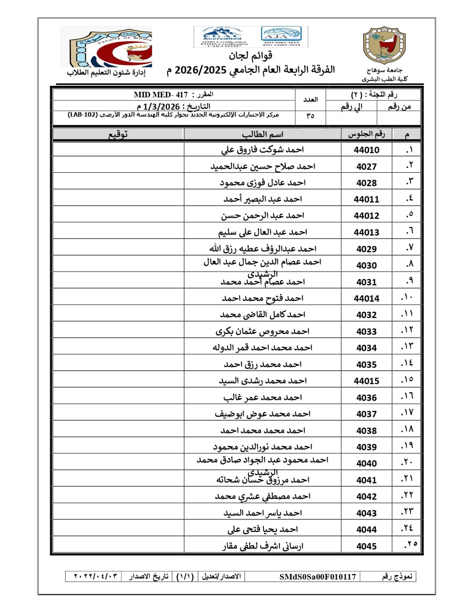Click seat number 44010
point(366,150)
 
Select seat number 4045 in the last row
point(366,546)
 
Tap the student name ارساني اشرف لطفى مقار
point(263,546)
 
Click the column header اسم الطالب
point(262,134)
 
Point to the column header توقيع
point(118,134)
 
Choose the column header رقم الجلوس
point(366,134)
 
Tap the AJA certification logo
point(281,36)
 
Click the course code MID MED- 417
point(161,95)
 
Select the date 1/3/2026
point(161,107)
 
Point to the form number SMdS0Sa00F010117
point(317,577)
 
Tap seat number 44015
point(366,381)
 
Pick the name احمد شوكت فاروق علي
point(262,150)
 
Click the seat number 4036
point(366,397)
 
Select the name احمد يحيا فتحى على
point(262,530)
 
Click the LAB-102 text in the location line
point(83,115)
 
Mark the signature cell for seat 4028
point(118,183)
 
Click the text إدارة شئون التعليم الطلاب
point(106,73)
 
